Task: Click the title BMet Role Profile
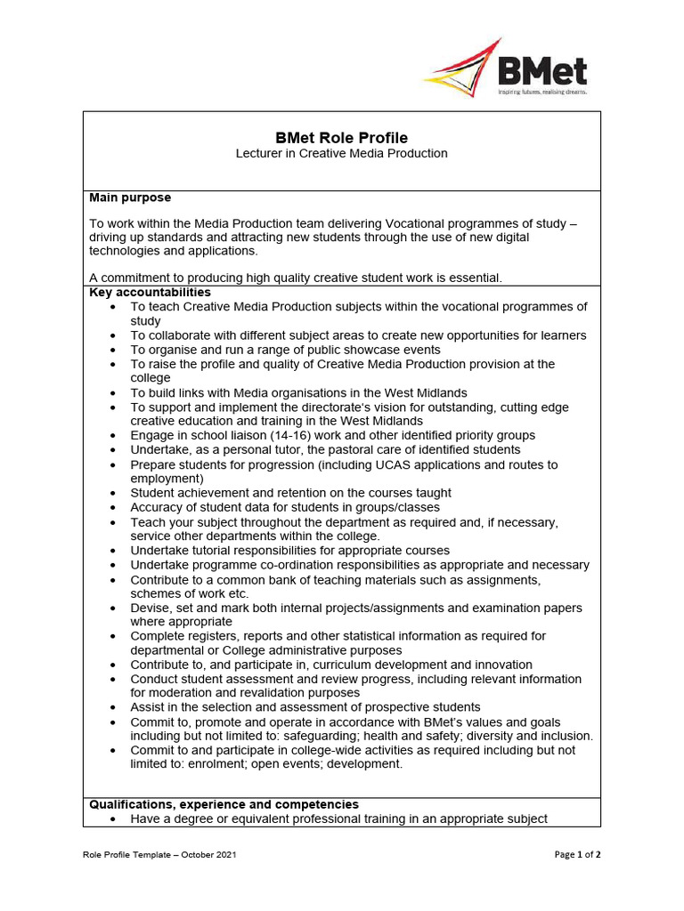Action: click(341, 138)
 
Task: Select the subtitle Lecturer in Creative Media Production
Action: click(341, 154)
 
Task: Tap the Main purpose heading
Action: click(130, 198)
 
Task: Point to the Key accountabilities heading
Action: click(150, 292)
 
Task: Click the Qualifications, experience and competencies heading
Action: click(224, 804)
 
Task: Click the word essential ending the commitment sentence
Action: click(474, 278)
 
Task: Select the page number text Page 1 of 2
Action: click(577, 855)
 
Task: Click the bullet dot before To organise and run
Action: click(112, 351)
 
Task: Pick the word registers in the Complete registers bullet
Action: click(214, 636)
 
